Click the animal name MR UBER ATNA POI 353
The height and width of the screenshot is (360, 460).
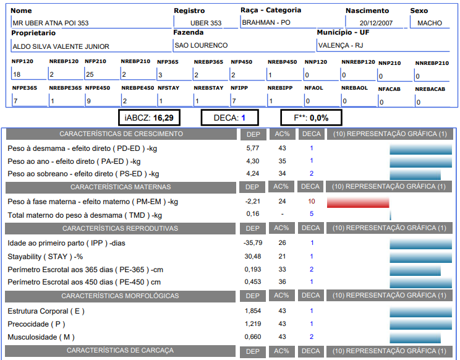point(50,23)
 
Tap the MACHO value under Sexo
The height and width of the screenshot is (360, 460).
point(430,23)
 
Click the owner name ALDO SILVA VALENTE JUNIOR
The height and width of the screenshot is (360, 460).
point(61,46)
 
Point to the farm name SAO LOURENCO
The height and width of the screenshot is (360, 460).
point(201,45)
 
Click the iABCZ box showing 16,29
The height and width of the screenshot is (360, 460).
point(149,118)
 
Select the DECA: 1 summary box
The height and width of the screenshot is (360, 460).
point(229,118)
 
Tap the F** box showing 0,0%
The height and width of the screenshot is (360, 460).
point(310,118)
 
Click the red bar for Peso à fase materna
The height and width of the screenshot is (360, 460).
point(358,202)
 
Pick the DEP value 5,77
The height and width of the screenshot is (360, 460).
point(252,148)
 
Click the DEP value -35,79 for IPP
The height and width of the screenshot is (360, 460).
point(252,243)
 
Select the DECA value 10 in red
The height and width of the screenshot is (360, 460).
point(311,202)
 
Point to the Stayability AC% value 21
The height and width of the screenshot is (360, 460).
point(282,256)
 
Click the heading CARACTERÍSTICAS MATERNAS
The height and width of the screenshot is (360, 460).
point(121,187)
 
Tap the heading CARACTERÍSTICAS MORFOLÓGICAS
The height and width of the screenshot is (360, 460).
point(121,296)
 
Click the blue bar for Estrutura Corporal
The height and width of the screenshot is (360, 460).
point(421,311)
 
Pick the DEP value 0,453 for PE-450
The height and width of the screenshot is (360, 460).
point(252,282)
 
